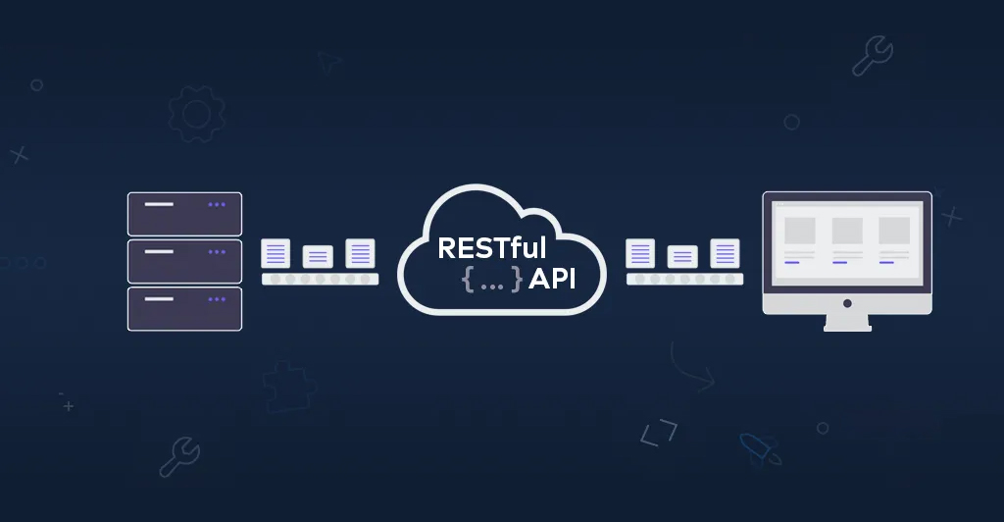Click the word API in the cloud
[x=552, y=280]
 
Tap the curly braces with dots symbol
[x=491, y=280]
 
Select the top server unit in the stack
[x=184, y=214]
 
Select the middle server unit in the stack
[x=184, y=261]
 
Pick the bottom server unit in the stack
[x=184, y=308]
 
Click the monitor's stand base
[x=847, y=326]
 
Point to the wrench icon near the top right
[x=872, y=57]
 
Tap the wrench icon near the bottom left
[x=179, y=456]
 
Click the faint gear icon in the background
[x=196, y=114]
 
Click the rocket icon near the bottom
[x=761, y=448]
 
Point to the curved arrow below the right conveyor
[x=690, y=367]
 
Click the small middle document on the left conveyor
[x=318, y=256]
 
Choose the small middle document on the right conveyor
[x=682, y=256]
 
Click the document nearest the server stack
[x=276, y=253]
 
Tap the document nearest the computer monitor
[x=726, y=253]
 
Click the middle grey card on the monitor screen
[x=847, y=231]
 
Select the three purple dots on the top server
[x=217, y=205]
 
